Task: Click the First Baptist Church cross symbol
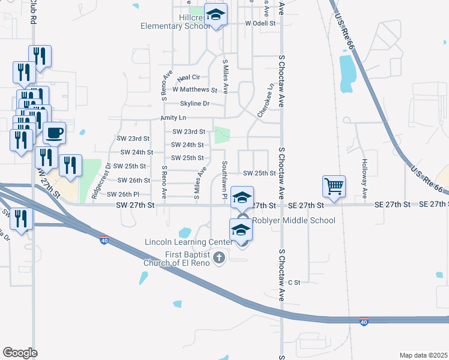(x=219, y=258)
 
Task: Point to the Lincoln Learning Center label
(x=187, y=242)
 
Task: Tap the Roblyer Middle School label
(x=294, y=220)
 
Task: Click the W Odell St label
(x=260, y=23)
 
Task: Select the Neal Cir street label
(x=188, y=77)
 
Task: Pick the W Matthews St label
(x=194, y=89)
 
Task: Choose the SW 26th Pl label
(x=123, y=194)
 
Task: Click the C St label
(x=294, y=282)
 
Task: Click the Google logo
(x=20, y=353)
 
